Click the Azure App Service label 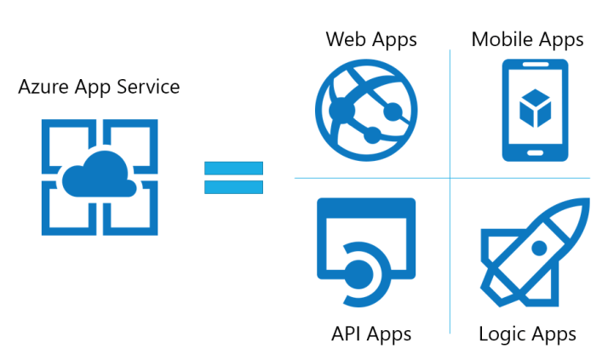click(99, 87)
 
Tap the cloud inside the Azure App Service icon click(100, 173)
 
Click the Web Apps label click(371, 39)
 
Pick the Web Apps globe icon click(367, 109)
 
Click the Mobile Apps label click(527, 39)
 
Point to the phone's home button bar click(535, 154)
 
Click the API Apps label click(370, 334)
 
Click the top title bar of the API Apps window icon click(366, 208)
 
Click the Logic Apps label click(527, 334)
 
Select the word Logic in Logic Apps click(504, 334)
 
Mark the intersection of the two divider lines click(450, 178)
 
